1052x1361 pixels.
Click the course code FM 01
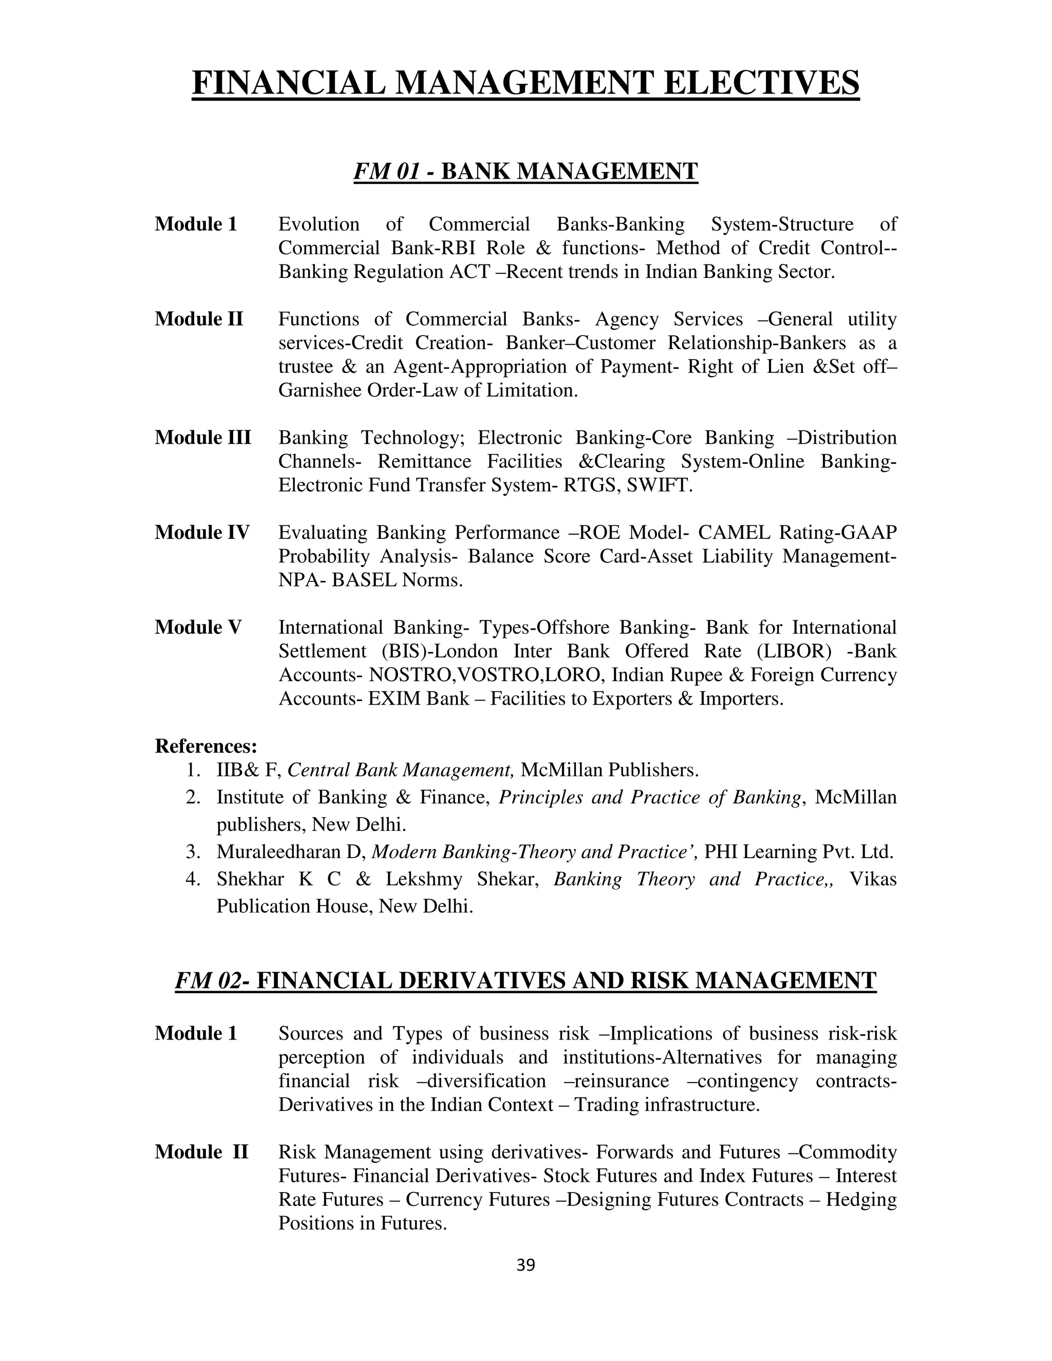(386, 171)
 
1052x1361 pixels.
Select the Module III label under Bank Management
(202, 438)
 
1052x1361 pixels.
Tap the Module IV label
(202, 532)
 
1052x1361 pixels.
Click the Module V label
(198, 627)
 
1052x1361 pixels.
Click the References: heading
(205, 745)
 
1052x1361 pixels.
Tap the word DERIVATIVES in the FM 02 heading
(482, 980)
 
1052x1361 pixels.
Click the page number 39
(525, 1264)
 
